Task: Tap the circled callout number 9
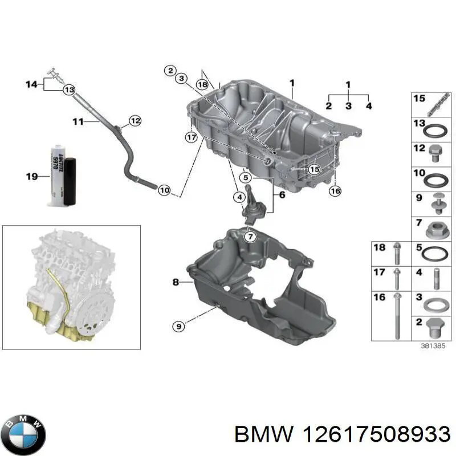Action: click(178, 327)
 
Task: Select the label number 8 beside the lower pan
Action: click(176, 282)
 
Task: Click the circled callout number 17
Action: click(190, 137)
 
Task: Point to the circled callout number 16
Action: click(335, 191)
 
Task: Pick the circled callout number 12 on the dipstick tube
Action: click(135, 121)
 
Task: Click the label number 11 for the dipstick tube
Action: click(78, 121)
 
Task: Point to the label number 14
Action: click(31, 85)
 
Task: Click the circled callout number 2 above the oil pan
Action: click(170, 71)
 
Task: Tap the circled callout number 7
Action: click(249, 236)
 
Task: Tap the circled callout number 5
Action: click(245, 177)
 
